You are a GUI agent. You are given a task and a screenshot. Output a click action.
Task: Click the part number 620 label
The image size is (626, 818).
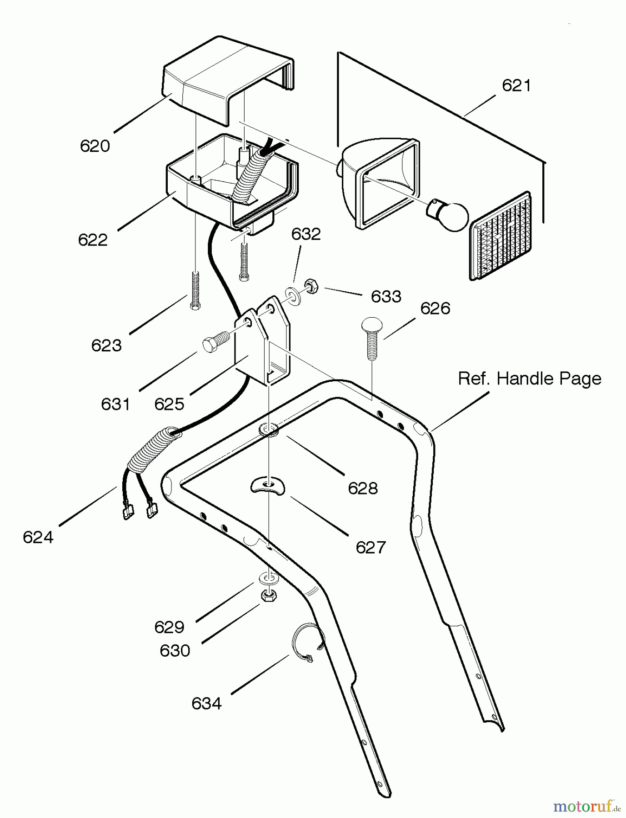pyautogui.click(x=95, y=146)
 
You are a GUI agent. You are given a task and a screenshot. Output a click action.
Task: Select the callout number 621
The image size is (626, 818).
pyautogui.click(x=516, y=85)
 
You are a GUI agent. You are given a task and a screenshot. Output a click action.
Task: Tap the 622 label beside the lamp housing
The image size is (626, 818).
pyautogui.click(x=93, y=240)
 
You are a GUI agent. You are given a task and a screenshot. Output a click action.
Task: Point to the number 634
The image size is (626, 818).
pyautogui.click(x=206, y=704)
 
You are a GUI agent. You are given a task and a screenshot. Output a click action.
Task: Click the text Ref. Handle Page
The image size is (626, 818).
pyautogui.click(x=529, y=379)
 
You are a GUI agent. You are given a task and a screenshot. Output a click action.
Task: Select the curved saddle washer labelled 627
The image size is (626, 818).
pyautogui.click(x=267, y=485)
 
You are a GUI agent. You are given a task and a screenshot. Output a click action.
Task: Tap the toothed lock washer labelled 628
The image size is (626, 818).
pyautogui.click(x=269, y=429)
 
